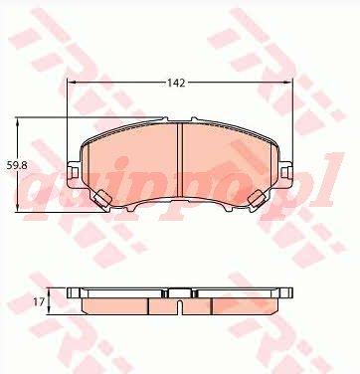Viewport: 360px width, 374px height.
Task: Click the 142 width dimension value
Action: click(176, 83)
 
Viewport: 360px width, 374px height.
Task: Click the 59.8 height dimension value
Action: click(17, 165)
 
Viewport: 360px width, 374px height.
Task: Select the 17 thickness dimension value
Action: click(39, 301)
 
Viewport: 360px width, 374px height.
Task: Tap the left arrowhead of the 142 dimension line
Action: click(72, 83)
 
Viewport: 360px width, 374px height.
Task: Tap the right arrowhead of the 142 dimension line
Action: click(288, 83)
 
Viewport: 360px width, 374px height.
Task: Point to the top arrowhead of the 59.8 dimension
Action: click(17, 122)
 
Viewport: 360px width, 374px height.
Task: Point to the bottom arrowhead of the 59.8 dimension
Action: click(17, 207)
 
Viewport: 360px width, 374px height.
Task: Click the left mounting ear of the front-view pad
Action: click(74, 172)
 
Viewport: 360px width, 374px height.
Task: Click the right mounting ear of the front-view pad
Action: click(286, 172)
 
